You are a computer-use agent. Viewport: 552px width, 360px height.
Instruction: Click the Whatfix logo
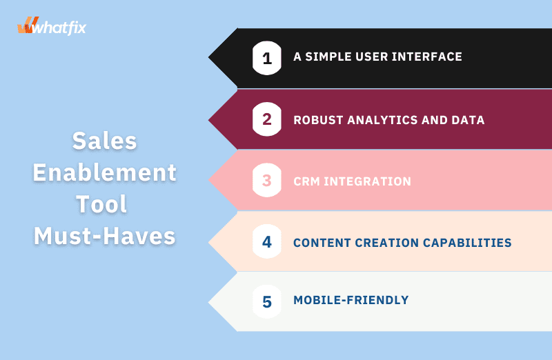[x=52, y=26]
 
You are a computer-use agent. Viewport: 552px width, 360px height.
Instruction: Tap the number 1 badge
[x=267, y=58]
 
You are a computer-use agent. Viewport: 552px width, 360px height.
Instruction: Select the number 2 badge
[x=267, y=119]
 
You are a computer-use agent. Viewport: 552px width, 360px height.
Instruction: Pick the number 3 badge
[x=267, y=180]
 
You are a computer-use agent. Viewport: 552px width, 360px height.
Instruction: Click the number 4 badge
[x=267, y=241]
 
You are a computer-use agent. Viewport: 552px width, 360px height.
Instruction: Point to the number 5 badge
[x=267, y=301]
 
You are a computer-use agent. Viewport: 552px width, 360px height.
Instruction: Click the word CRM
[x=306, y=181]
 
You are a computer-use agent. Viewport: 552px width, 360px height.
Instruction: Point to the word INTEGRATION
[x=367, y=181]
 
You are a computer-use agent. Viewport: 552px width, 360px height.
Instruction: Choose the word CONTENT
[x=322, y=243]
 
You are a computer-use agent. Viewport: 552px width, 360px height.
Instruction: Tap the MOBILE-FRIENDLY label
[x=351, y=300]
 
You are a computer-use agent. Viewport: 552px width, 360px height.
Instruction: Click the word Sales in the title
[x=105, y=141]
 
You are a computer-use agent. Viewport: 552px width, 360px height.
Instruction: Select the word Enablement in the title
[x=105, y=172]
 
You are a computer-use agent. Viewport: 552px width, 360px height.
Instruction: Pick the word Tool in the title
[x=101, y=204]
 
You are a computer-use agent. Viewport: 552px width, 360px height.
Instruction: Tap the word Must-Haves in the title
[x=105, y=236]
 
